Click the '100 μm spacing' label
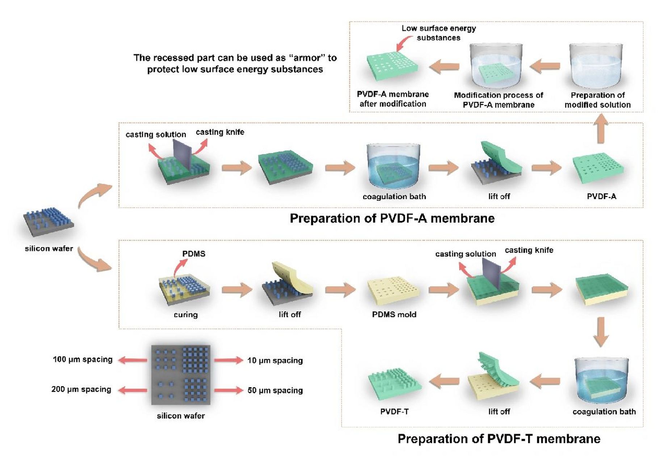point(83,360)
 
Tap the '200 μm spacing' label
point(81,389)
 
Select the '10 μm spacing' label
point(275,361)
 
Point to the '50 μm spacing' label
point(275,390)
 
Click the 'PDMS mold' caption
point(394,315)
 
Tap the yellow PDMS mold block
point(393,290)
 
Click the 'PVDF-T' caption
point(394,412)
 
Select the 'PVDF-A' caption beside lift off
point(601,196)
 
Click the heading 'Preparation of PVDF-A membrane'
point(392,219)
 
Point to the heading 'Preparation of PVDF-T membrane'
point(499,439)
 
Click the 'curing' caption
point(185,315)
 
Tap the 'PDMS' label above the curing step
point(194,254)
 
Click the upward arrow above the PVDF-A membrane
point(601,129)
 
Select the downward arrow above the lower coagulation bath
point(601,332)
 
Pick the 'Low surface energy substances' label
point(438,33)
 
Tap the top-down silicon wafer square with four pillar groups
point(181,375)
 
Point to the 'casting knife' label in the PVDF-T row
point(529,250)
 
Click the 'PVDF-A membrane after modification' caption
point(392,99)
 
